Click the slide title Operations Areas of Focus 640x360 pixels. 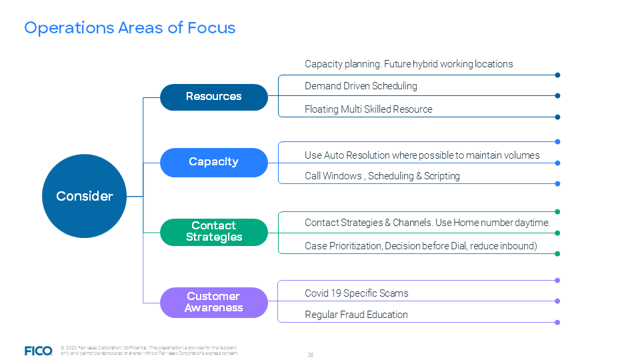[130, 28]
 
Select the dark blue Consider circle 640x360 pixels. [84, 196]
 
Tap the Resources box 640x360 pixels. [213, 97]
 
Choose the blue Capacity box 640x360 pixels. [213, 162]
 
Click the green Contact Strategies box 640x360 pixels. [213, 231]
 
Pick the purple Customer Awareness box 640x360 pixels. [213, 302]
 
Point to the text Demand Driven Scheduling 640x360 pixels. [361, 86]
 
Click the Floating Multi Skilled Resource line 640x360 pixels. [368, 109]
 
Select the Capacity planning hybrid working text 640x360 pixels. [409, 64]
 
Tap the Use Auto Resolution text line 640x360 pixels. [422, 155]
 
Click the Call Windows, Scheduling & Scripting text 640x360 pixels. [382, 177]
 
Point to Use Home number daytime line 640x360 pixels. [427, 223]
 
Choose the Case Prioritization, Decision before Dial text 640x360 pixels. [421, 246]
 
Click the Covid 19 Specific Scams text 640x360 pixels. [356, 293]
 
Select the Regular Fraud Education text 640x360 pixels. [356, 315]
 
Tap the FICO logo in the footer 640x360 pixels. [38, 351]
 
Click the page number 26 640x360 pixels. [311, 355]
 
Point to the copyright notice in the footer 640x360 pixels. [148, 351]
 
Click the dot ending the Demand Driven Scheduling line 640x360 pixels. [557, 95]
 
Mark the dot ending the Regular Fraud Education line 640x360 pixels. [557, 323]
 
